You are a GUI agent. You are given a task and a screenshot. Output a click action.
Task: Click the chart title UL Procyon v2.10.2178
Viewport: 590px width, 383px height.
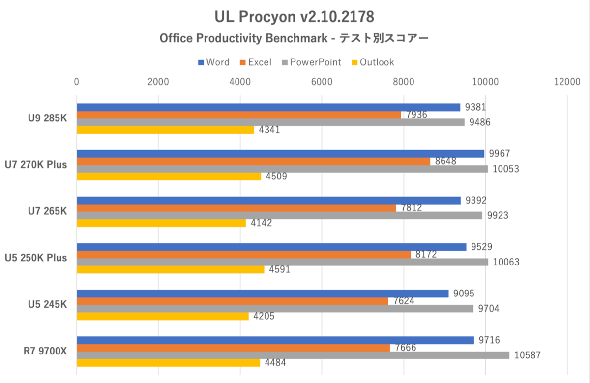[295, 17]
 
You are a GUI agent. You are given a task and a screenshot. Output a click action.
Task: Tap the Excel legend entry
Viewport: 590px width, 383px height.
[255, 62]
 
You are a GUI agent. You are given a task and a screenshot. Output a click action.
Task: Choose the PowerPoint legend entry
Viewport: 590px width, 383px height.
[311, 62]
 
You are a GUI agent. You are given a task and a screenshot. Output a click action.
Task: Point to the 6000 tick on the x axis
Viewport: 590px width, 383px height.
[322, 82]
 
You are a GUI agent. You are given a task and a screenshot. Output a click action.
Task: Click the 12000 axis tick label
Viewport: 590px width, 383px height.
[566, 82]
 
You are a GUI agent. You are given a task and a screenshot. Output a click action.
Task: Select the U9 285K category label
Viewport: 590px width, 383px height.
[48, 118]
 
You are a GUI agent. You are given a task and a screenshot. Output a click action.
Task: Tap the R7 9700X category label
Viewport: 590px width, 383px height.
[46, 351]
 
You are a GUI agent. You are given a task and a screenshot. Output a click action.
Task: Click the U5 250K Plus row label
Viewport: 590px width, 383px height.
[36, 258]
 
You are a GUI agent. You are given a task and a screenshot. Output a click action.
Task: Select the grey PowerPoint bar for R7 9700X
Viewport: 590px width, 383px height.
[293, 355]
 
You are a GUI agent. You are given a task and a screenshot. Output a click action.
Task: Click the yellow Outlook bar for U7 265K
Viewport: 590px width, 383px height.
[161, 223]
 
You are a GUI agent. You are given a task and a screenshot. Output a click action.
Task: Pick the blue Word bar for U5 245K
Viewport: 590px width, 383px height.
[263, 294]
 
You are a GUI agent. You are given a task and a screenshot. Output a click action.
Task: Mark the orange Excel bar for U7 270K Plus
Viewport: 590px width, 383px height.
[253, 161]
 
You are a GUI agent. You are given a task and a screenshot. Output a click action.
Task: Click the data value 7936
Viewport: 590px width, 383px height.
[416, 115]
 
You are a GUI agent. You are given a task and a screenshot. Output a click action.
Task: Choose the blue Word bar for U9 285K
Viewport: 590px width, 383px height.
[268, 107]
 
